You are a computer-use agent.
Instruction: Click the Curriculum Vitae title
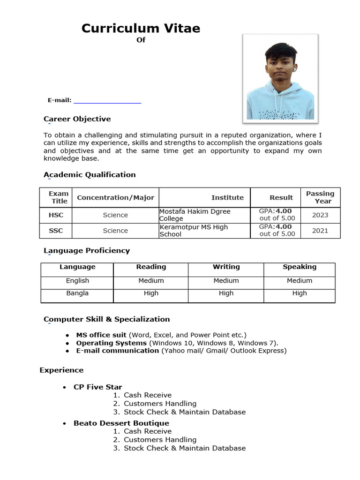click(x=141, y=29)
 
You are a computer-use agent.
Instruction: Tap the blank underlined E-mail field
click(x=107, y=100)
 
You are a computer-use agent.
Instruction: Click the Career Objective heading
click(x=77, y=119)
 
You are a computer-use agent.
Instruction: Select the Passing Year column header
click(x=320, y=197)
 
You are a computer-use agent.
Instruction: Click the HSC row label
click(x=56, y=215)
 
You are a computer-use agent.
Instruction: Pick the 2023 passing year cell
click(x=320, y=215)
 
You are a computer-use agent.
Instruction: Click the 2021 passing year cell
click(x=320, y=231)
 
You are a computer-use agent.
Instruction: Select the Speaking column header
click(x=299, y=267)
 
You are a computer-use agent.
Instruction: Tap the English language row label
click(x=77, y=281)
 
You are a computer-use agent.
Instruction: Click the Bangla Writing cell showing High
click(x=226, y=293)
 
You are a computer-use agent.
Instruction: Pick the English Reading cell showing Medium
click(x=151, y=281)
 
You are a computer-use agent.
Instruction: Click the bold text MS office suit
click(x=101, y=335)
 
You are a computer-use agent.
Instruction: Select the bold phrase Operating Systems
click(x=108, y=343)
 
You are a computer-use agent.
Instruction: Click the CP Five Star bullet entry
click(x=97, y=387)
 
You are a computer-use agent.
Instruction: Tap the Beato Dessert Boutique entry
click(x=115, y=423)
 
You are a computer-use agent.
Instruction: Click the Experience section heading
click(x=61, y=370)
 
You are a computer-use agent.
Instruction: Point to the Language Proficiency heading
click(x=87, y=251)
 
